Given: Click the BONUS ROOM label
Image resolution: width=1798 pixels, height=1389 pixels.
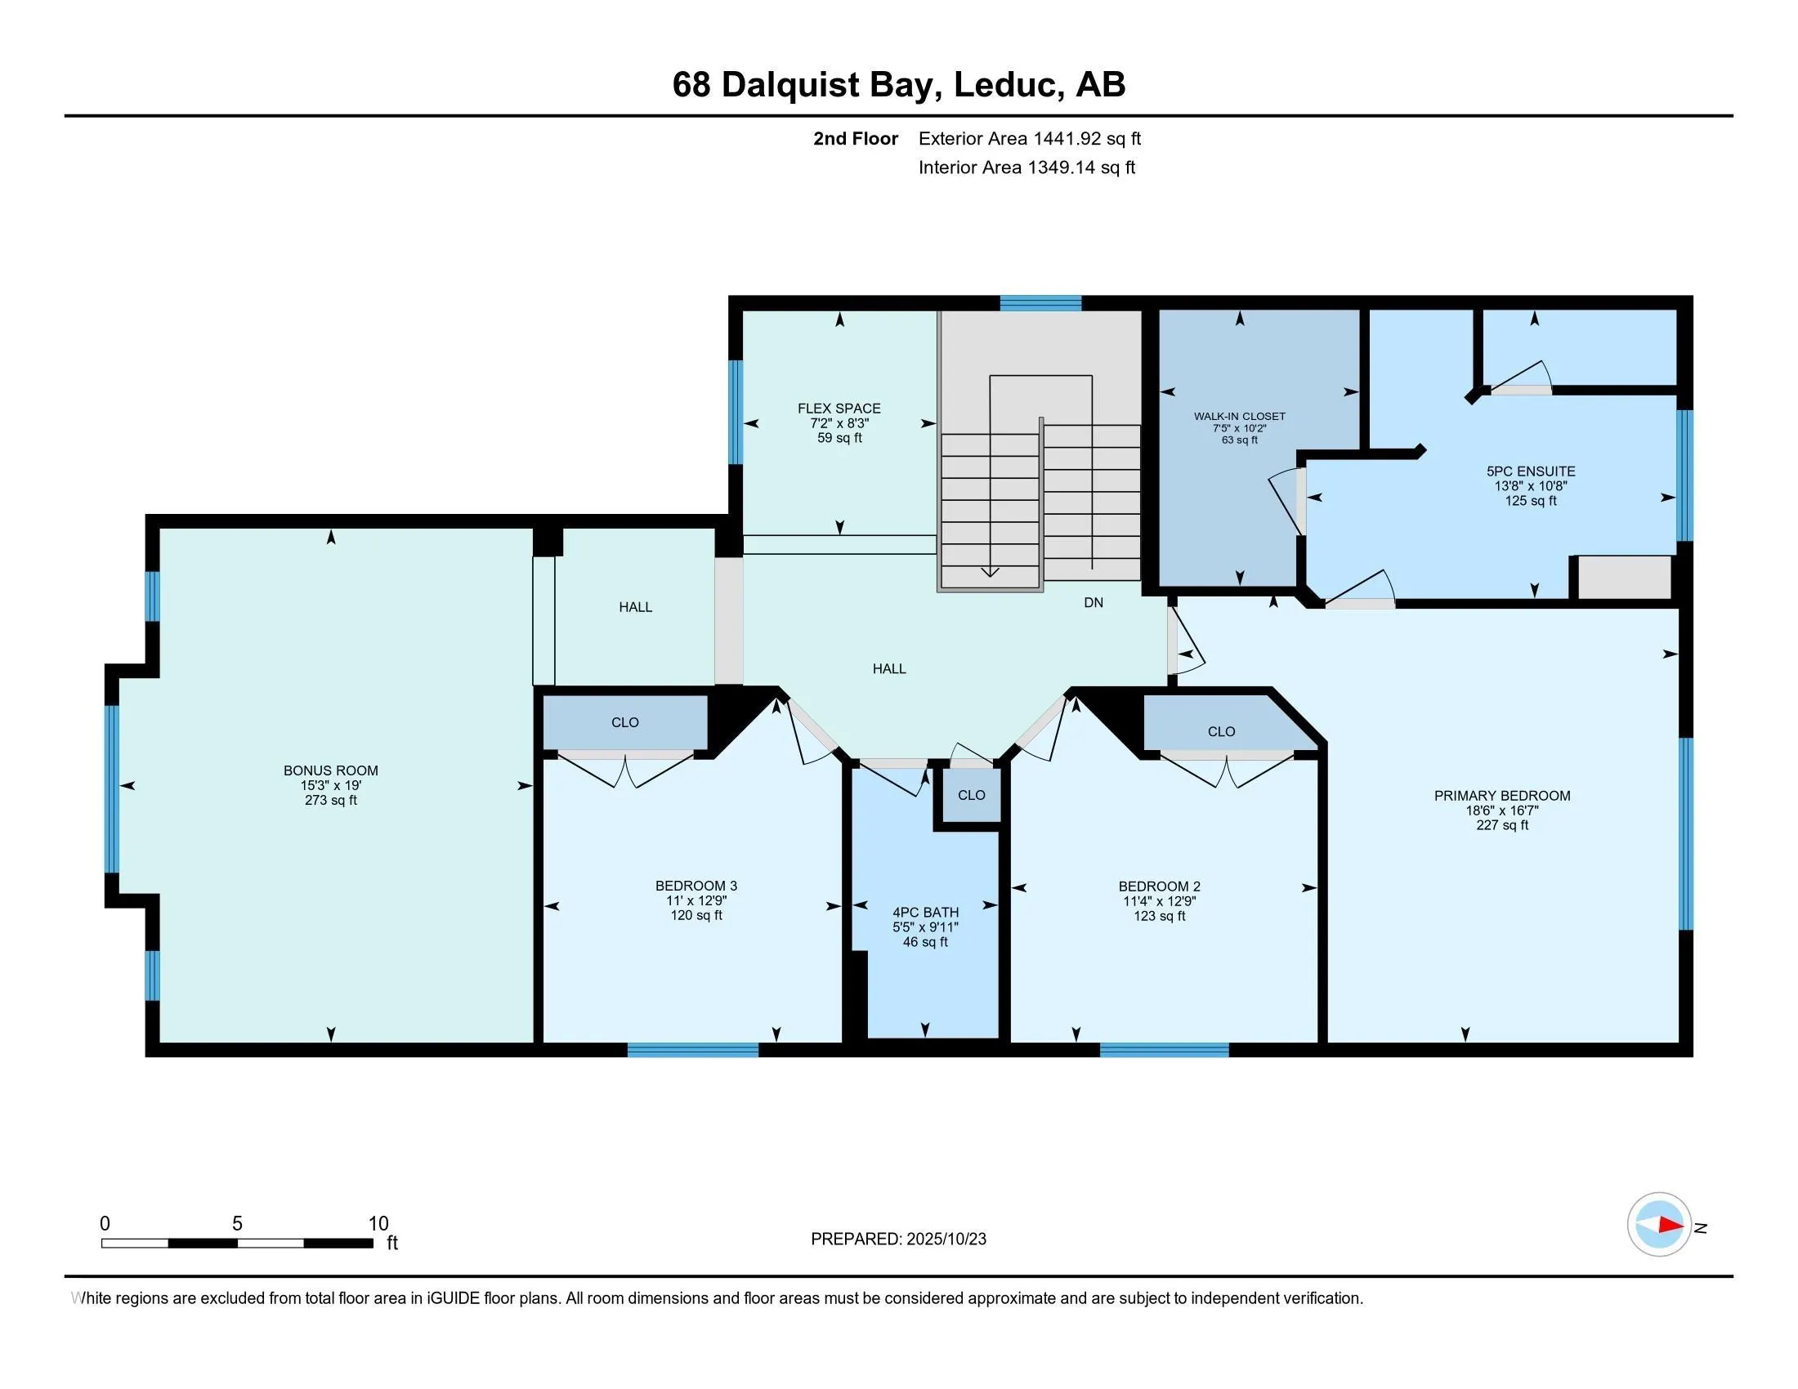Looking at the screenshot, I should [x=330, y=770].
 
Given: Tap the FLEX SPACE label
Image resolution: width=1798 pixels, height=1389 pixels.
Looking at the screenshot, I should [x=839, y=409].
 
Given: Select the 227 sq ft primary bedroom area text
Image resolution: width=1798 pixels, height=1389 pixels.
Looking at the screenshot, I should [x=1501, y=824].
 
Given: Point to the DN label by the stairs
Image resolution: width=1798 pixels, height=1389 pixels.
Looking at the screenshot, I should [x=1094, y=602].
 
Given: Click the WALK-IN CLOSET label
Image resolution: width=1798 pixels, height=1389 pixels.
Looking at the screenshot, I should [x=1239, y=417].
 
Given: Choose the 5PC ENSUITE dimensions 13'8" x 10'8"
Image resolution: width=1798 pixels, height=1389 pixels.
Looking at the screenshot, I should [x=1531, y=485].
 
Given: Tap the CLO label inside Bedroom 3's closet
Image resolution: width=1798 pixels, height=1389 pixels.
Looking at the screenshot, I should [x=625, y=721].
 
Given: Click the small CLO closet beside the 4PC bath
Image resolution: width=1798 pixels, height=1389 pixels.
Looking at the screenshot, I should [x=972, y=795].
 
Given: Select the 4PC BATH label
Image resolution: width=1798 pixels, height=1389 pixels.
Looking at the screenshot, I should [x=925, y=912].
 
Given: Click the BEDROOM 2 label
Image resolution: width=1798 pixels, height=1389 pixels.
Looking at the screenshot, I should [x=1159, y=887].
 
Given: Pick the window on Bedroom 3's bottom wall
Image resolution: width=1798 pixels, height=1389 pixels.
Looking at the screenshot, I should [x=692, y=1049].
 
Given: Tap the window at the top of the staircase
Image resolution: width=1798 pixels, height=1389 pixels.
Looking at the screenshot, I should [x=1040, y=303].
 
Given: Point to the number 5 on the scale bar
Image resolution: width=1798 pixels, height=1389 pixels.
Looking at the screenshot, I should [x=237, y=1224].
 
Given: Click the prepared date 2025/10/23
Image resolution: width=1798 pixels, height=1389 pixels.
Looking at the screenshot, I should [x=946, y=1239].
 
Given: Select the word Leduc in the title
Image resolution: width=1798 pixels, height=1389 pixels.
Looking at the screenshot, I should [x=1005, y=84].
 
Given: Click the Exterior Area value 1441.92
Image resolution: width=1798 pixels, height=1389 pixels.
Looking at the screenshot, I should [x=1067, y=138].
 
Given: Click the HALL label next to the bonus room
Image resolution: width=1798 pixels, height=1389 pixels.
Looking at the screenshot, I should [x=636, y=606].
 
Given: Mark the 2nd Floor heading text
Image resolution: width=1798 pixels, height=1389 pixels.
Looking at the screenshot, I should [x=856, y=138].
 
